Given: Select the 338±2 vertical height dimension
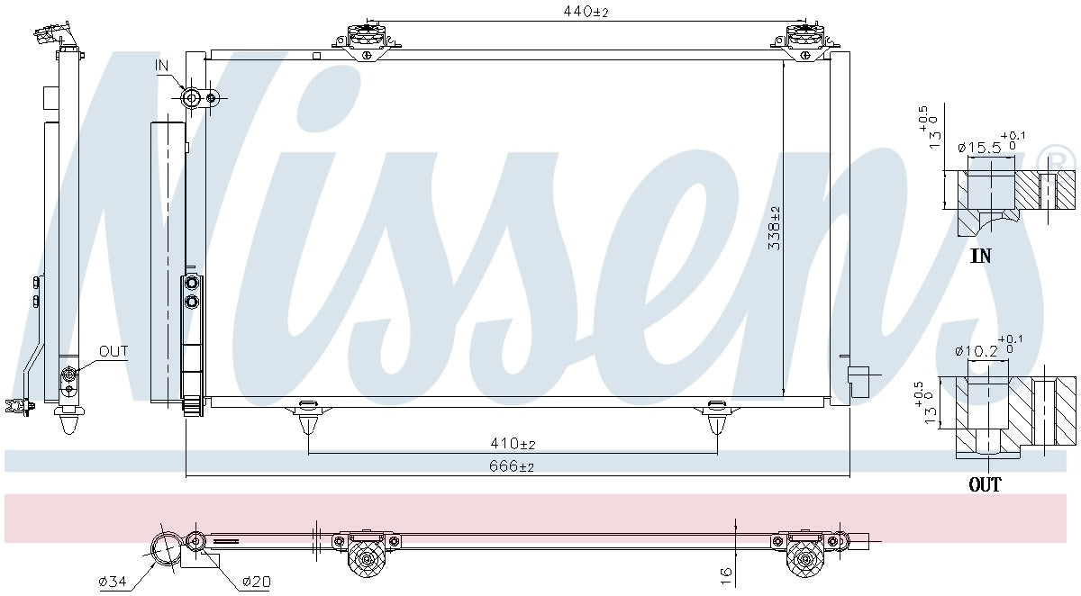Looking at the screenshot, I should (x=775, y=228).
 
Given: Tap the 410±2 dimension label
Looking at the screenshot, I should (x=513, y=444).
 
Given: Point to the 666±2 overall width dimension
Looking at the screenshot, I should (x=513, y=466).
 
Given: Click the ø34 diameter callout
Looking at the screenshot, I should (x=113, y=582).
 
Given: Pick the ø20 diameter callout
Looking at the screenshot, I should (x=256, y=582).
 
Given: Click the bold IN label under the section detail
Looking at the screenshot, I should (x=981, y=257).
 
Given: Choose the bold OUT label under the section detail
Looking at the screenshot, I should (x=985, y=485).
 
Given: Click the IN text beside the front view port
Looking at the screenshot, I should (x=162, y=65).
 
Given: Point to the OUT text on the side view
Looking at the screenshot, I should (x=114, y=351).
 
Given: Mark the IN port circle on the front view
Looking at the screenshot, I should (x=191, y=97).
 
